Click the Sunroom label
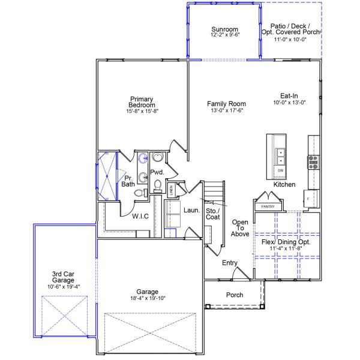pos(225,29)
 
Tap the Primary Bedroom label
pos(142,102)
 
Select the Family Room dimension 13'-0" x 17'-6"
pos(227,111)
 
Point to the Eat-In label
pos(289,95)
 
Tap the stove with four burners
pos(313,161)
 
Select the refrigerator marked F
pos(309,197)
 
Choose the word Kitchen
pos(284,185)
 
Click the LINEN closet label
pos(171,190)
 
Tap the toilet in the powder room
pos(158,187)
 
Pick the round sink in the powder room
pos(157,158)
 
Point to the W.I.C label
pos(140,217)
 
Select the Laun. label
pos(191,210)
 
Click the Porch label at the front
pos(234,295)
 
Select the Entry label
pos(230,263)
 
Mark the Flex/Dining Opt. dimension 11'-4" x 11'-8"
pos(286,247)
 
